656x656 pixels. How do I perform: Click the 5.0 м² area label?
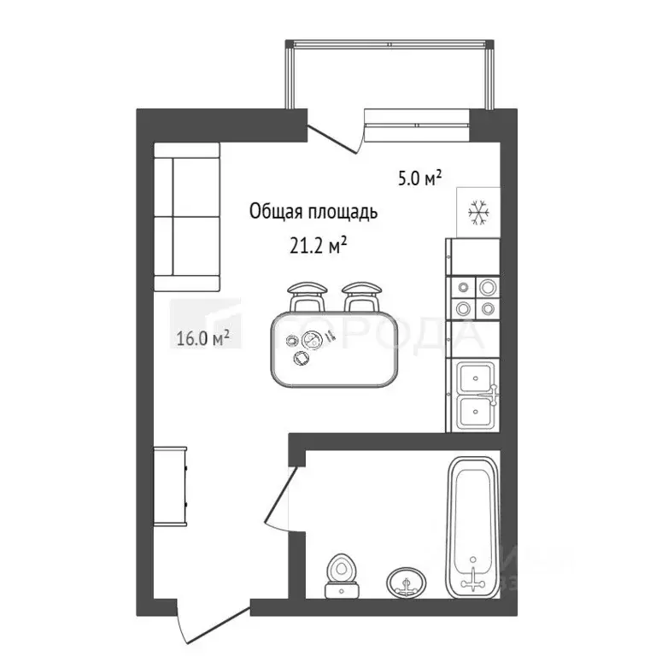[x=419, y=179]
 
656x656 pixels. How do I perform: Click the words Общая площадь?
[x=312, y=213]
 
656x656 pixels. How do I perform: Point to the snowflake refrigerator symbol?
[x=477, y=211]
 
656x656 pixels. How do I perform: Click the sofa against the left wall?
[x=187, y=217]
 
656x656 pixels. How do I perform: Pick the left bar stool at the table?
[x=307, y=296]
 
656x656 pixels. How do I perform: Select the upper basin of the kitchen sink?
[x=474, y=377]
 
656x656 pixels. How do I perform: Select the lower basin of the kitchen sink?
[x=474, y=412]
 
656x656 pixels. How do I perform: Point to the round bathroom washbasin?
[x=407, y=584]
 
